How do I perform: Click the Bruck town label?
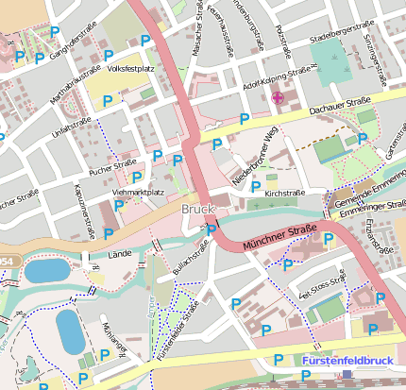tap(197, 209)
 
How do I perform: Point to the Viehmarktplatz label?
tap(138, 193)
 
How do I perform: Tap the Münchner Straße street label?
tap(279, 236)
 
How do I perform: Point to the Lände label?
tap(120, 255)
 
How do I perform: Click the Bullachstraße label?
tap(190, 259)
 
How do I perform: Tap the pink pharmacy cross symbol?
tap(277, 97)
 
